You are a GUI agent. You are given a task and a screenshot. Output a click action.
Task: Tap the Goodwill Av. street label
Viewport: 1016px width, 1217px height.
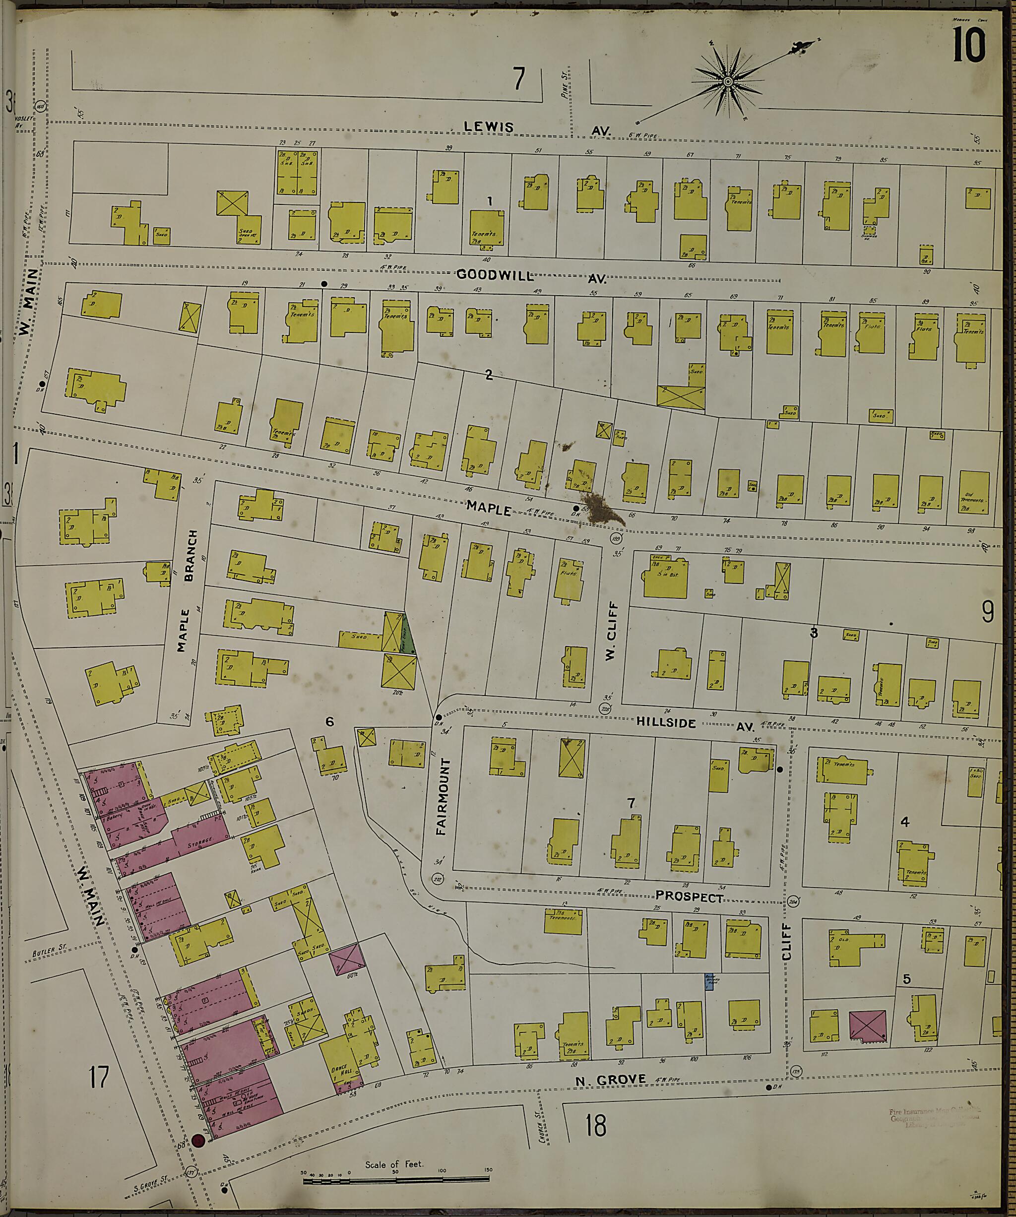pos(530,276)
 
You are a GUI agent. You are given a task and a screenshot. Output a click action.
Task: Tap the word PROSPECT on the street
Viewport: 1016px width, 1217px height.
pos(690,897)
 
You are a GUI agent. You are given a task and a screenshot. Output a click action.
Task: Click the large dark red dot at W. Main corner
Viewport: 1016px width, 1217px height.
pos(199,1141)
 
